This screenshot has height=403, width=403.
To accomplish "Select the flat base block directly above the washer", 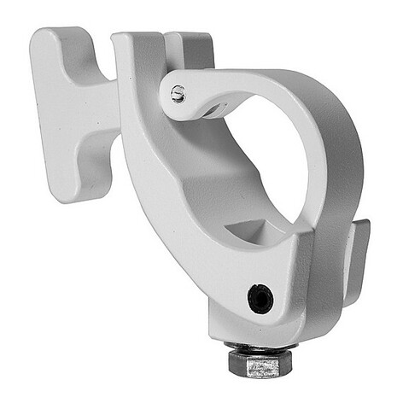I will point(256,329).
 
